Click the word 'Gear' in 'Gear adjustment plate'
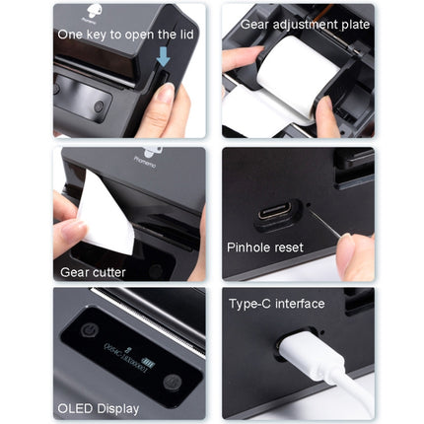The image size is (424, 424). coord(254,24)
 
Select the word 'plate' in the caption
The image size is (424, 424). coord(353,24)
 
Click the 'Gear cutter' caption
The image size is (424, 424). coord(94,273)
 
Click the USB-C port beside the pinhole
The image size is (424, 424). coord(274,212)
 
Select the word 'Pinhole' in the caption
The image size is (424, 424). coord(249,247)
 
